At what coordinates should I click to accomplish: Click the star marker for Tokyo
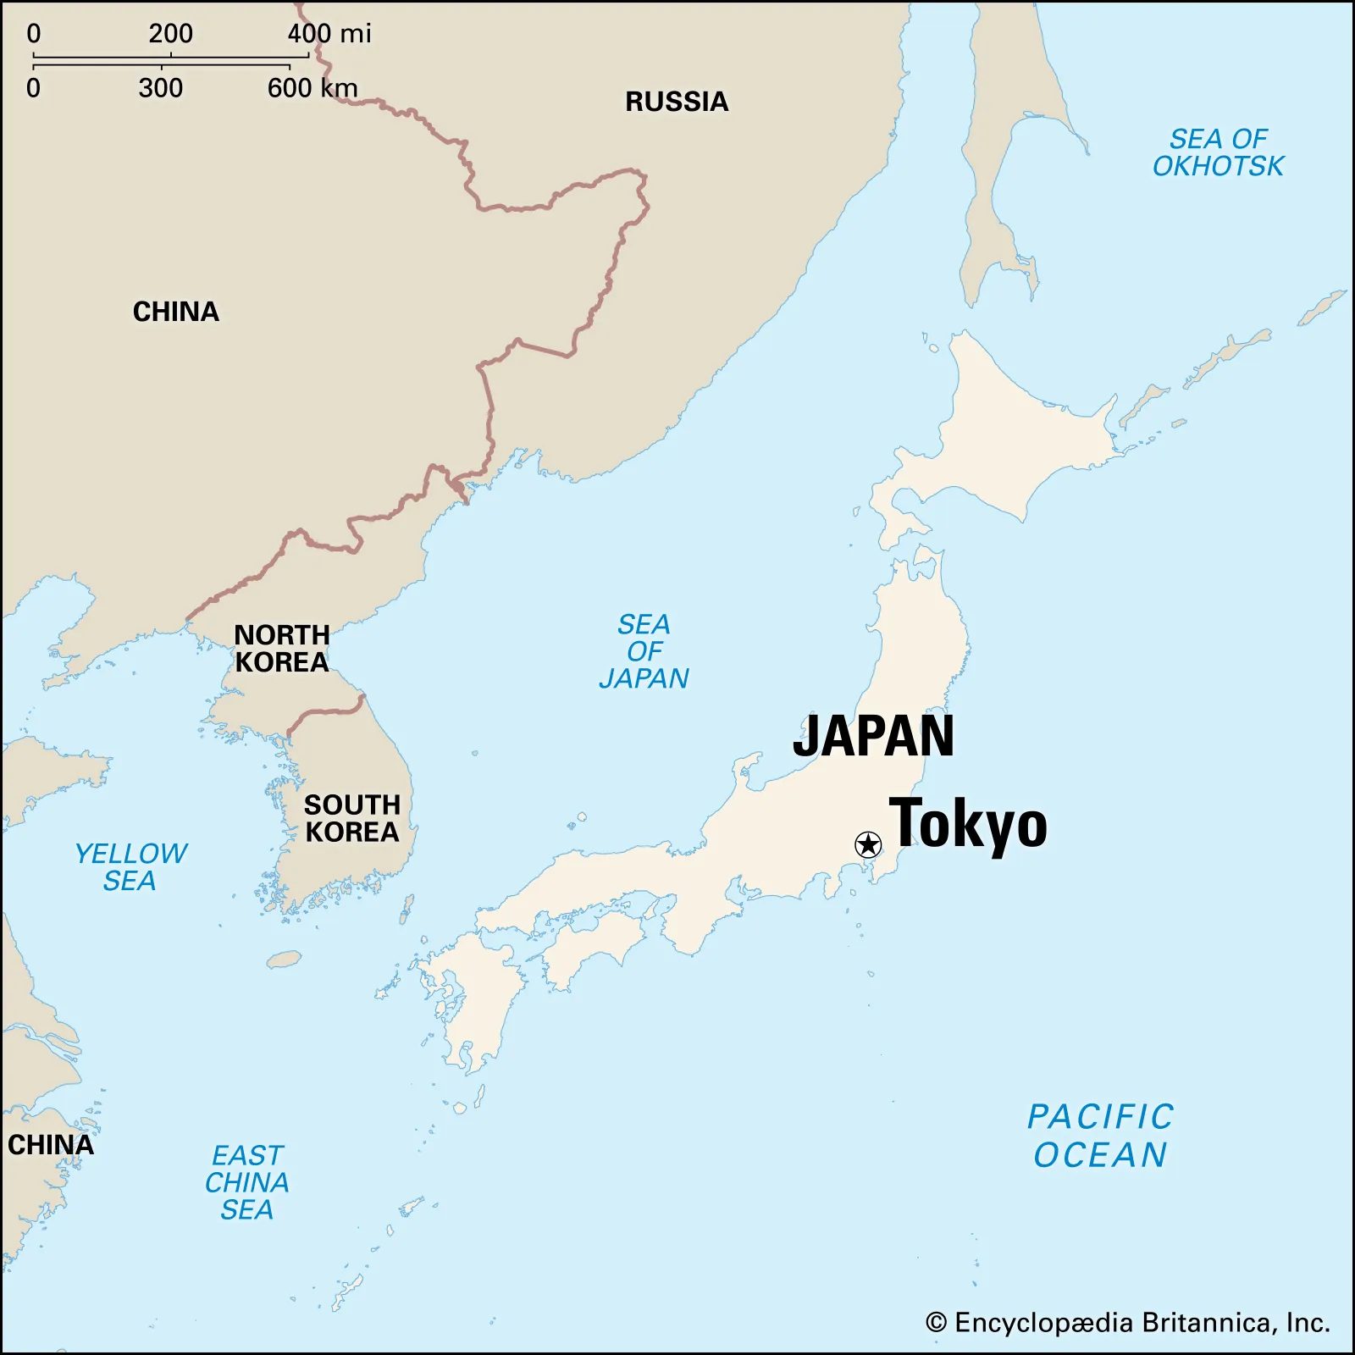tap(868, 844)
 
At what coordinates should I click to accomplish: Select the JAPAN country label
tap(873, 736)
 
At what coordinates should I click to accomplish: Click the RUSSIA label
tap(677, 102)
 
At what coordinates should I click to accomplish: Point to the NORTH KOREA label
tap(281, 649)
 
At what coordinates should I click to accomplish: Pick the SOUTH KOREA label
tap(351, 818)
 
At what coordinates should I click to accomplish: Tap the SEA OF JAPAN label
tap(644, 651)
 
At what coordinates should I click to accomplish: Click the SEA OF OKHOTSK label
tap(1218, 152)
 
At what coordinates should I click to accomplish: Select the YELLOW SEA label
tap(130, 866)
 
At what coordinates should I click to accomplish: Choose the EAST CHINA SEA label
tap(247, 1182)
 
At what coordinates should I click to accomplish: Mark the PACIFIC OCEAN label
tap(1100, 1136)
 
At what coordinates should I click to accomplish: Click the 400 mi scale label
tap(329, 34)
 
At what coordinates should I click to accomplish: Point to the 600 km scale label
tap(312, 88)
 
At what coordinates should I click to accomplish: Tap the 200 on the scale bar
tap(170, 34)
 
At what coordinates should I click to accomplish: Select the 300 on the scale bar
tap(161, 88)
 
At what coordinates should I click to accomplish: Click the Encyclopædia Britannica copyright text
tap(1127, 1323)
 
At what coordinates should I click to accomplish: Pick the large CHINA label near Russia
tap(176, 312)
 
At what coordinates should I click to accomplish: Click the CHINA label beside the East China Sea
tap(51, 1145)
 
